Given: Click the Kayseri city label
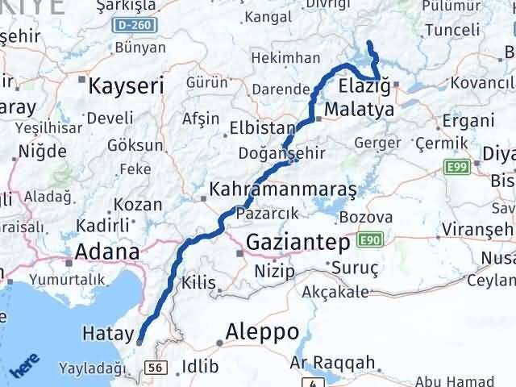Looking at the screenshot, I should [127, 85].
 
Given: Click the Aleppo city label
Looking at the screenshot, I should [262, 331].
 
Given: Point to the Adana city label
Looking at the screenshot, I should [106, 252].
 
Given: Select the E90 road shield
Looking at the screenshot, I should [371, 240].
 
